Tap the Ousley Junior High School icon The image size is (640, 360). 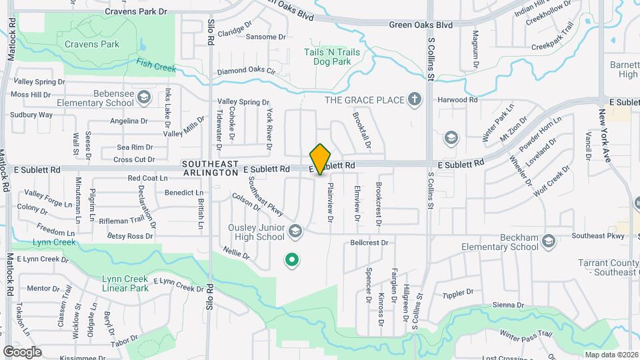[x=295, y=231]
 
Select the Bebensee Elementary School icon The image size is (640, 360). [x=143, y=99]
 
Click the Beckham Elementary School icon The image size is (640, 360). [x=549, y=241]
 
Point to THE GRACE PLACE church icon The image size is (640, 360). [x=415, y=100]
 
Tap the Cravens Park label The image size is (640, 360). [x=92, y=45]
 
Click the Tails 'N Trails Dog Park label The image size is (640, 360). [x=332, y=57]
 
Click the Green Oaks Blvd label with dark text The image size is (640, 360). [x=422, y=25]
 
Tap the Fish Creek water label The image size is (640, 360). [x=155, y=65]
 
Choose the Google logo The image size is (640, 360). [x=23, y=351]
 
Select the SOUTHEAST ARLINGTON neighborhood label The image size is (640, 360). [x=209, y=168]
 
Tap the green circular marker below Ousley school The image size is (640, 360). [x=291, y=260]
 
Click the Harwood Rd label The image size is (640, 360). [x=458, y=100]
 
